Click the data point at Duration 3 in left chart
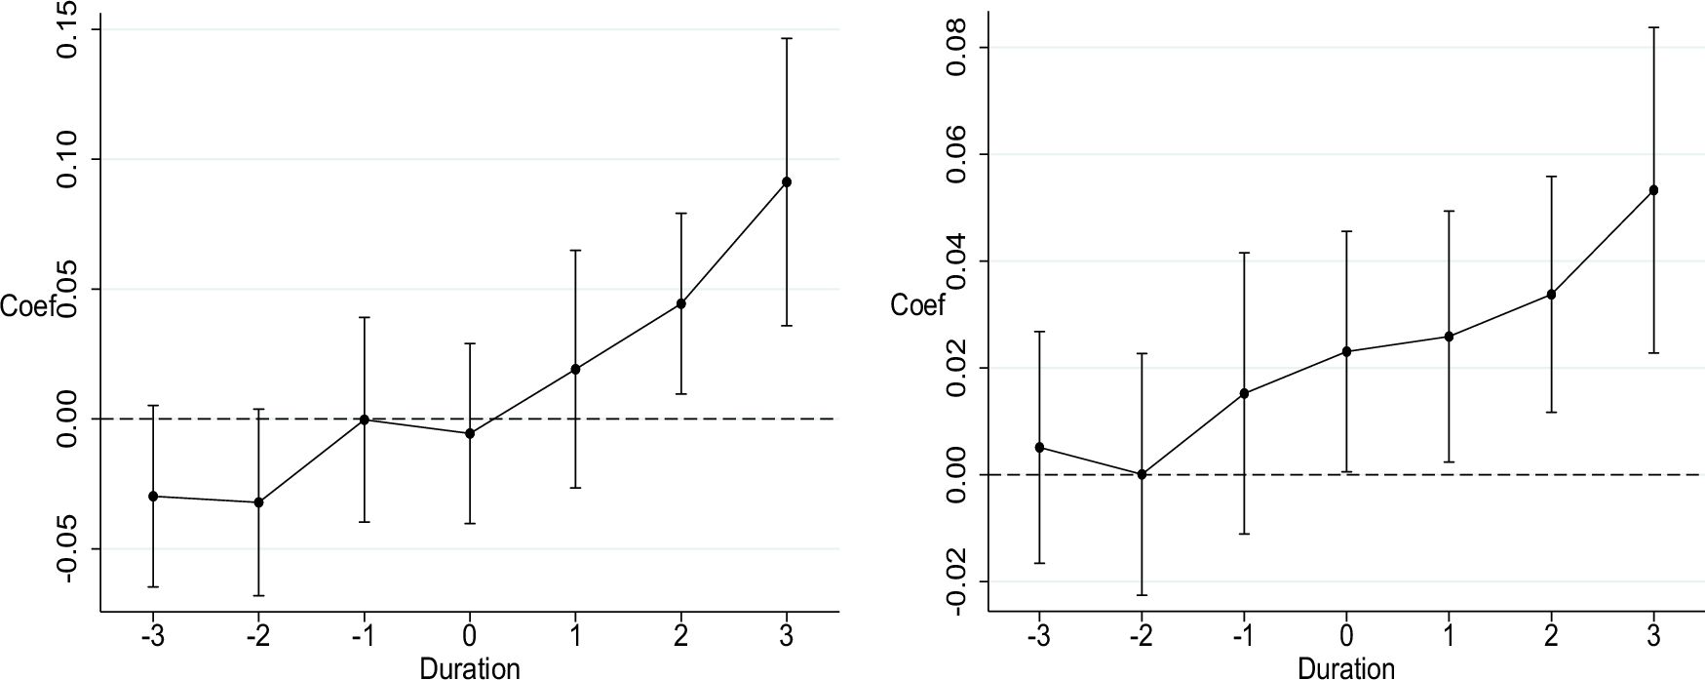pyautogui.click(x=787, y=181)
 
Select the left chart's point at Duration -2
pyautogui.click(x=258, y=502)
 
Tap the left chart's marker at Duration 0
pyautogui.click(x=470, y=433)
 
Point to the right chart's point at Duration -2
pyautogui.click(x=1142, y=474)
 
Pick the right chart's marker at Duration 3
pyautogui.click(x=1653, y=190)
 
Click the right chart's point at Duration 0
pyautogui.click(x=1346, y=351)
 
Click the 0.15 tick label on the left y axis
pyautogui.click(x=70, y=30)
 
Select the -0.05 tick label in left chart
pyautogui.click(x=70, y=548)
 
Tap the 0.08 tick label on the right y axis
pyautogui.click(x=956, y=48)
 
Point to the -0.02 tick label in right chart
pyautogui.click(x=956, y=581)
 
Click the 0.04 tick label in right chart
pyautogui.click(x=956, y=261)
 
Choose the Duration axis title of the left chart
pyautogui.click(x=470, y=668)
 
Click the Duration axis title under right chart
pyautogui.click(x=1346, y=668)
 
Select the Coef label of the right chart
pyautogui.click(x=918, y=306)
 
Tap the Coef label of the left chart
pyautogui.click(x=27, y=306)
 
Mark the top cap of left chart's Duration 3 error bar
pyautogui.click(x=787, y=38)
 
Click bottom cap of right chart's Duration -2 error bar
pyautogui.click(x=1142, y=595)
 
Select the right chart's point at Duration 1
pyautogui.click(x=1449, y=337)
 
